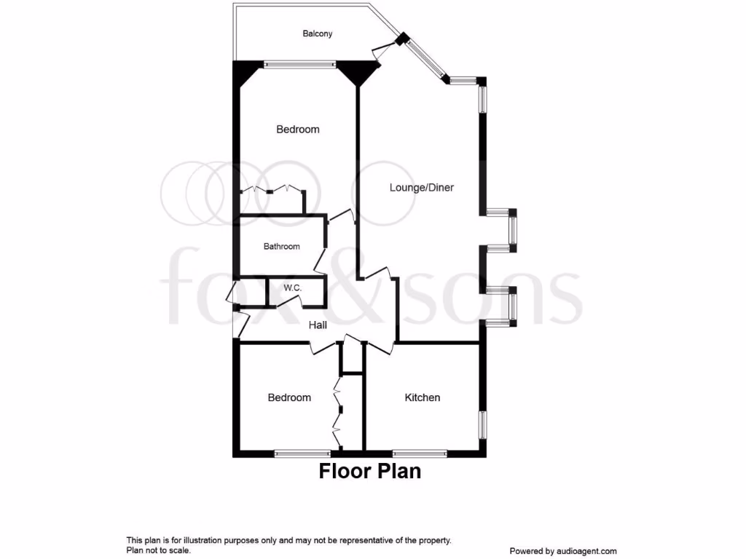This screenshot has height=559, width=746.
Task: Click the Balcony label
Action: [x=318, y=33]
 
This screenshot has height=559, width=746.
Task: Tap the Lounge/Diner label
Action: [x=421, y=188]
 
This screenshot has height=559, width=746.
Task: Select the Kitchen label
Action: [x=423, y=397]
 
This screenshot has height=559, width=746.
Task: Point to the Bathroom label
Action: [x=281, y=247]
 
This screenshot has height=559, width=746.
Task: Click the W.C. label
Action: [x=293, y=288]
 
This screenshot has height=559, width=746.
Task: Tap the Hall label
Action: [x=318, y=325]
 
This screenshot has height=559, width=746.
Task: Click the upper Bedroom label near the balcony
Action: [x=297, y=130]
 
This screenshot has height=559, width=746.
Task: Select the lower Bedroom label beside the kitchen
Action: [x=289, y=397]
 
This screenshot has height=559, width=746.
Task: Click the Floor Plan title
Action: [x=369, y=471]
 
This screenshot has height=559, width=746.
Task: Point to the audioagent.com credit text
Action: [x=563, y=551]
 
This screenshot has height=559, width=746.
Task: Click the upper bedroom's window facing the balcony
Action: [x=299, y=64]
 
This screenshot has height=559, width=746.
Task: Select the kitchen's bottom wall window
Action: [x=420, y=453]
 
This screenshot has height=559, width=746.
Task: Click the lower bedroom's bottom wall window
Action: [x=302, y=453]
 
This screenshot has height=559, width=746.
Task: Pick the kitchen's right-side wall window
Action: [x=482, y=424]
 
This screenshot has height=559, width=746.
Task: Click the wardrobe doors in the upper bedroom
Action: [x=272, y=189]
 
